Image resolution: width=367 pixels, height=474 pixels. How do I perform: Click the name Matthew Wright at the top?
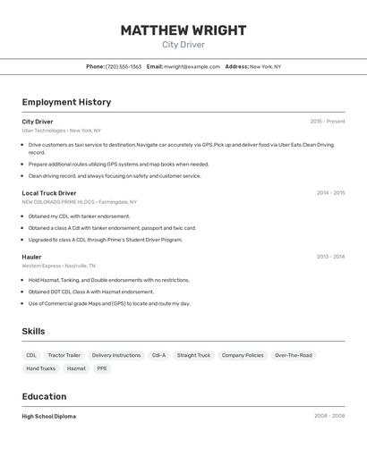click(x=183, y=30)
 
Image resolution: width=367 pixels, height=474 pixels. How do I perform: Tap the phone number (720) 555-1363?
click(x=124, y=66)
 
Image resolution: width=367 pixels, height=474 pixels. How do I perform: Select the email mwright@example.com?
click(x=192, y=66)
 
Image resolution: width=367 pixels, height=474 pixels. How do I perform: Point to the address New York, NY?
click(x=265, y=66)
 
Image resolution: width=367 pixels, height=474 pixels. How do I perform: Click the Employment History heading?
click(x=66, y=102)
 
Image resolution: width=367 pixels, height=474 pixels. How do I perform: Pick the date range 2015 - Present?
click(x=327, y=122)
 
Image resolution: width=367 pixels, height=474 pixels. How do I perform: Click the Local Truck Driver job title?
click(x=49, y=193)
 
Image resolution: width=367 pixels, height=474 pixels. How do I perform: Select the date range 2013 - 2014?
click(x=330, y=257)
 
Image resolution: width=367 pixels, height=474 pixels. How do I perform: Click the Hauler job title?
click(x=32, y=257)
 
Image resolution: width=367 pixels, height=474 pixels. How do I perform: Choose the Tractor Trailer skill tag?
click(x=64, y=355)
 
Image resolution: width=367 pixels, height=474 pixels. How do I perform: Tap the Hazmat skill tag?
click(x=76, y=368)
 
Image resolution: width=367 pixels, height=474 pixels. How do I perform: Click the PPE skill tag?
click(x=102, y=368)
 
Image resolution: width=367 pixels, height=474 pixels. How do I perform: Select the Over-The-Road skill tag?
click(x=294, y=355)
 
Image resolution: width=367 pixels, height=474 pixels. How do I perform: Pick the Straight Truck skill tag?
click(x=193, y=355)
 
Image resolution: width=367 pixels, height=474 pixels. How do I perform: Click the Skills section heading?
click(x=33, y=332)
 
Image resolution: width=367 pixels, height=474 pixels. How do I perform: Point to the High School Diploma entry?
click(x=48, y=416)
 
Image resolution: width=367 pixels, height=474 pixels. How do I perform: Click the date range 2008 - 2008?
click(x=329, y=416)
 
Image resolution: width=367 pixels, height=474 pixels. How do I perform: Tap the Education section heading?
click(x=44, y=396)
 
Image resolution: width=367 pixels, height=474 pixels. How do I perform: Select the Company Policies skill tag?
click(x=243, y=355)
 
